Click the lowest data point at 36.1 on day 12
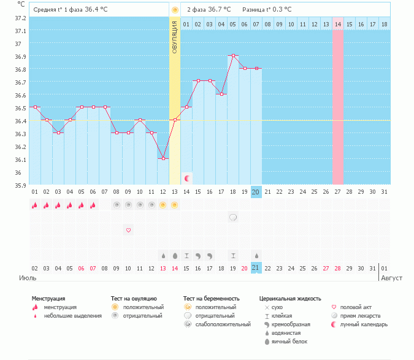[x=163, y=158]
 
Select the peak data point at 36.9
[x=233, y=56]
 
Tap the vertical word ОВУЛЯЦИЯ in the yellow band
[x=175, y=37]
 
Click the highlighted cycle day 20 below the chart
[x=256, y=192]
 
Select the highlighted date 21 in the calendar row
[x=256, y=268]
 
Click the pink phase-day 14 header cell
[x=338, y=24]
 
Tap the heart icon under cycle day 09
[x=128, y=230]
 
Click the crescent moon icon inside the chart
[x=187, y=178]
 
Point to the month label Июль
[x=28, y=278]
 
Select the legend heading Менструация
[x=48, y=298]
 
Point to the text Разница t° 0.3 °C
[x=267, y=10]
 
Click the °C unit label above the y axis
[x=21, y=4]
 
